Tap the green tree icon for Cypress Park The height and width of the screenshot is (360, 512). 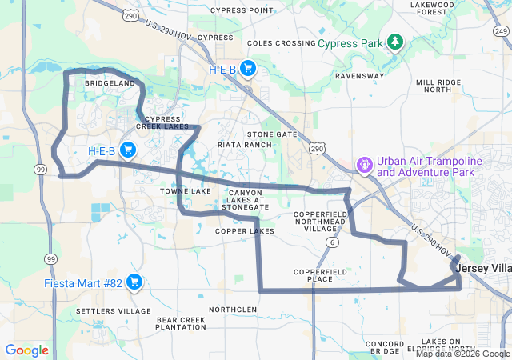point(394,41)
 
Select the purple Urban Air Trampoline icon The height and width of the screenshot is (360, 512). point(364,166)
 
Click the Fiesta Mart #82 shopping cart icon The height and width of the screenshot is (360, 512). point(134,282)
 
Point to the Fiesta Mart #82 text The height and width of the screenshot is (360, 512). point(83,282)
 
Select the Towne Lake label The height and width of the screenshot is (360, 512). point(185,191)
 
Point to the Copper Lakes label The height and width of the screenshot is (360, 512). point(244,230)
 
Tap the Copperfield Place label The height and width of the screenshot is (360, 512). point(320,275)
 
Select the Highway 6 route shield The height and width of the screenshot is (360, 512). point(330,242)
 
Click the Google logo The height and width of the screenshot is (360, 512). point(27,350)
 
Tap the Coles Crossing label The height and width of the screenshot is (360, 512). point(282,42)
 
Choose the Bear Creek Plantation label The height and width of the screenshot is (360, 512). point(181,323)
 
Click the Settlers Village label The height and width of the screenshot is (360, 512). point(113,310)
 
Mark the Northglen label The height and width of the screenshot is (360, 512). point(233,309)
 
